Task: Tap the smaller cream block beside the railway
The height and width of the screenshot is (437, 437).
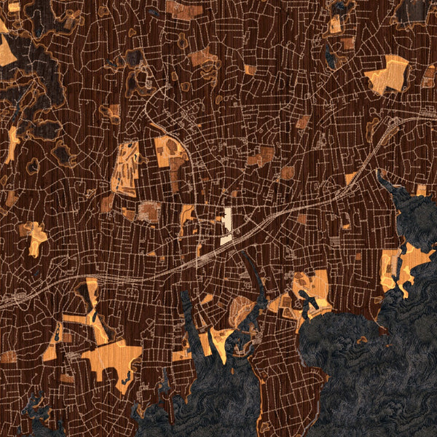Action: (226, 238)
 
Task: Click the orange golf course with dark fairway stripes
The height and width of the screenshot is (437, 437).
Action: (125, 168)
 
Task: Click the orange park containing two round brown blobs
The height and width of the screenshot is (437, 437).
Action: (170, 153)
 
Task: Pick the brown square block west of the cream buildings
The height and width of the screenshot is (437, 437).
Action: (149, 211)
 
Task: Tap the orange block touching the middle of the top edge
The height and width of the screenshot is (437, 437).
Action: (182, 9)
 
